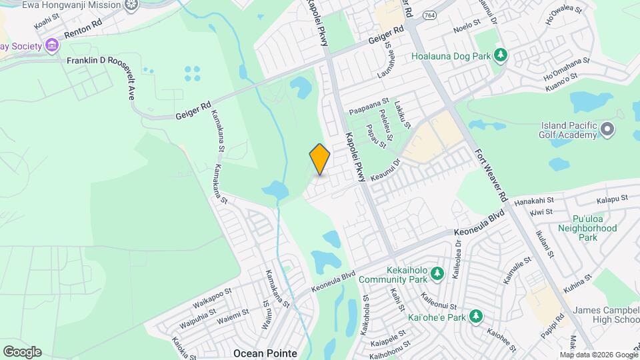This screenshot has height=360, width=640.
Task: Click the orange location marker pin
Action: (320, 159)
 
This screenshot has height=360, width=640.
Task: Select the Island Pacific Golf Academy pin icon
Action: (607, 129)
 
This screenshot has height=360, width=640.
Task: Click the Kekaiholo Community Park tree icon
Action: (437, 273)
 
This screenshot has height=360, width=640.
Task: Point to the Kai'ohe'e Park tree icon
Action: (475, 316)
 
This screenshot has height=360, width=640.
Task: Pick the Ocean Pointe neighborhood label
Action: (265, 352)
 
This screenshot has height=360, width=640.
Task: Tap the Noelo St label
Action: (467, 24)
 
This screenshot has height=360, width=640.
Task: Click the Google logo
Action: (22, 351)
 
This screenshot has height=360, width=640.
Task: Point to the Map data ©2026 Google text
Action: (599, 354)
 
